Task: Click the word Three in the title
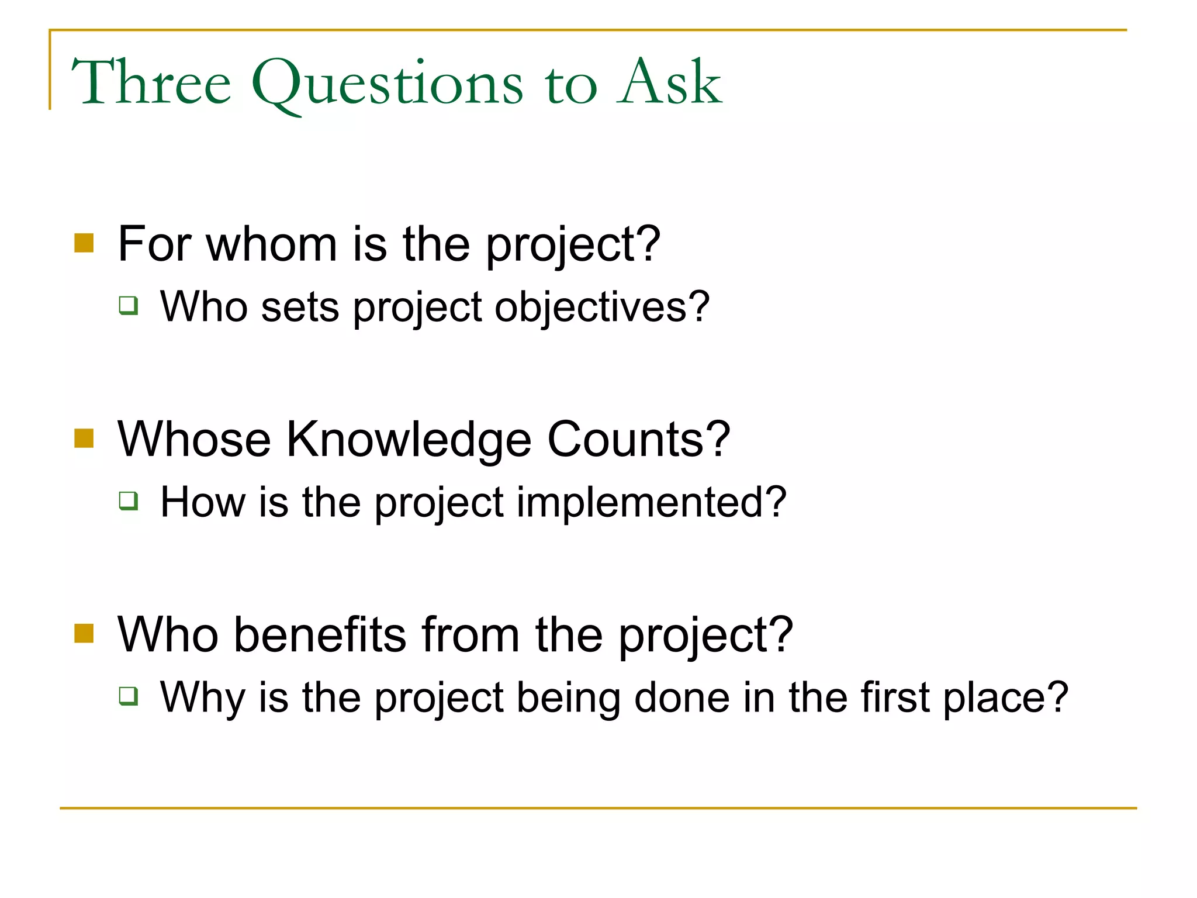tap(151, 83)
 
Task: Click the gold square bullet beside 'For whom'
tap(84, 243)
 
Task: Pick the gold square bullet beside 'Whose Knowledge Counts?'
tap(84, 438)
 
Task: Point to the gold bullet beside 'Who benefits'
tap(84, 633)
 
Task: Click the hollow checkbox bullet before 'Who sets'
tap(129, 305)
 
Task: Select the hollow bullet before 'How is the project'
tap(129, 500)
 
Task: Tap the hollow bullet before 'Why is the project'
tap(129, 696)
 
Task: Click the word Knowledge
tap(409, 440)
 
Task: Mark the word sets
tap(300, 308)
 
